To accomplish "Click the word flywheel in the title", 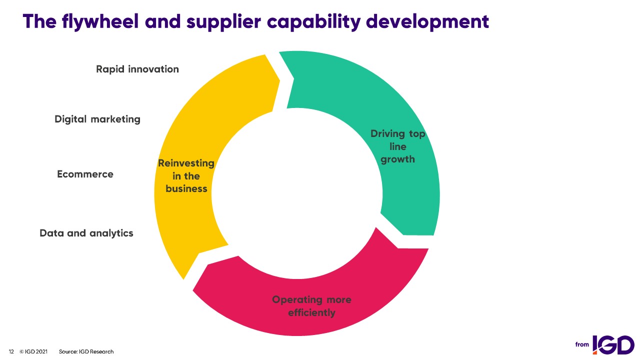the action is [100, 21].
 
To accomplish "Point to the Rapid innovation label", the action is [137, 69].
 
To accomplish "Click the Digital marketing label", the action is [97, 119].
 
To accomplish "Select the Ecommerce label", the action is [85, 174].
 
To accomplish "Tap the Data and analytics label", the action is [86, 233].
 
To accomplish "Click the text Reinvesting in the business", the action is [186, 176].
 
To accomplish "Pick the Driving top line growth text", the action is [397, 146].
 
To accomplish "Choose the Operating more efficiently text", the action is [311, 306].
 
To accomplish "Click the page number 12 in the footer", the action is [11, 351].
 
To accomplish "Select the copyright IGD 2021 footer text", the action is [33, 351].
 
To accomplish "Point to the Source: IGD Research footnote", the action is [86, 351].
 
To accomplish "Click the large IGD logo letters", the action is [613, 344].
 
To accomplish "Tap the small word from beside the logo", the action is [582, 344].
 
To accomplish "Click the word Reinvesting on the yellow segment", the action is [186, 163].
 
